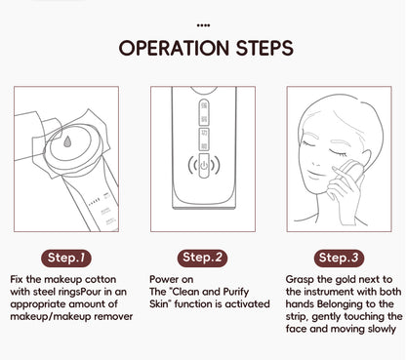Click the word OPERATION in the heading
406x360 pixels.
click(173, 49)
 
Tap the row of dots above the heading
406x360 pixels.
click(203, 22)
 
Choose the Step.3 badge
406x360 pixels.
click(341, 258)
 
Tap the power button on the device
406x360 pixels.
click(204, 165)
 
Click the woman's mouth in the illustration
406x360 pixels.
click(327, 180)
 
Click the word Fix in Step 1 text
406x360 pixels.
click(17, 278)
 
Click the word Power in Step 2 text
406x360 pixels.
click(162, 278)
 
